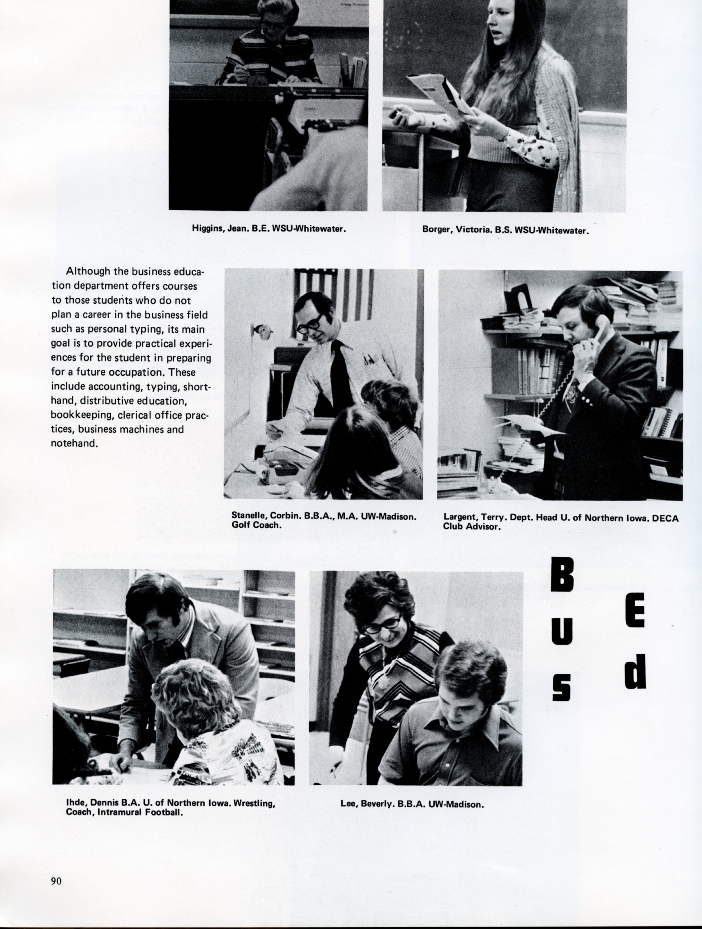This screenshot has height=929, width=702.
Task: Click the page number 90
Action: coord(56,881)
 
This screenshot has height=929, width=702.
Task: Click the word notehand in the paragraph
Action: coord(73,443)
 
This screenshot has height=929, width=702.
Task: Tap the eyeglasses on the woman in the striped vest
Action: coord(382,625)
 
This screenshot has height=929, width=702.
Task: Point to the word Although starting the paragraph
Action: coord(86,272)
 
